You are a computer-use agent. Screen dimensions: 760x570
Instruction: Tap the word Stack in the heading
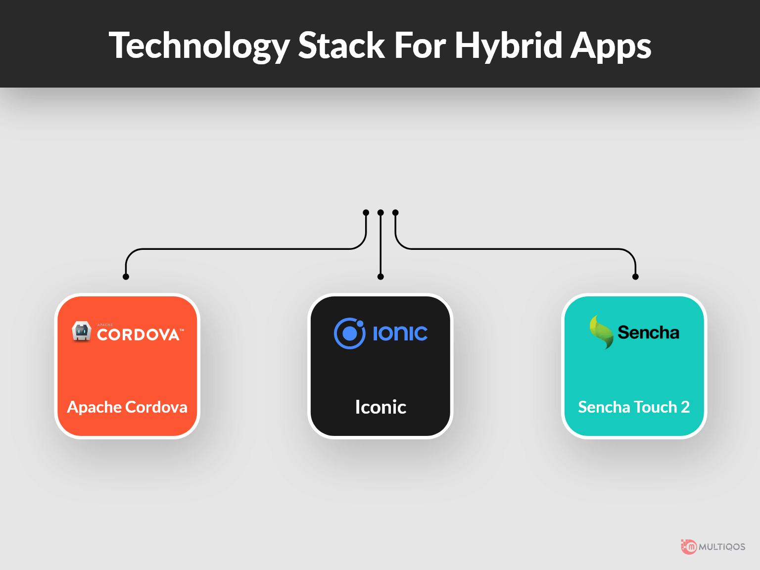[341, 45]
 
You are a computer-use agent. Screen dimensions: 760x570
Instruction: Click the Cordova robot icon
[81, 331]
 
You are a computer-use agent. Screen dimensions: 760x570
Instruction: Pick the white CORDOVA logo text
[140, 334]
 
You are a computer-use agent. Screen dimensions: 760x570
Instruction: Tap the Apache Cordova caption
[127, 407]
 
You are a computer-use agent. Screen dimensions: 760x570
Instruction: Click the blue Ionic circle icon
[349, 333]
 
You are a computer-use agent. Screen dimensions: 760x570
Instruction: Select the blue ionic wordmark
[400, 333]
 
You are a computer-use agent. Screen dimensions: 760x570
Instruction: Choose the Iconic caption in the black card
[380, 407]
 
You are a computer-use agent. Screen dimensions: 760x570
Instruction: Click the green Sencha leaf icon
[602, 332]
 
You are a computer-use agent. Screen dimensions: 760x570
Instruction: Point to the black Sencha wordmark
[649, 332]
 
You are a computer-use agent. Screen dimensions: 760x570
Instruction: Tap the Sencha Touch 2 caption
[634, 407]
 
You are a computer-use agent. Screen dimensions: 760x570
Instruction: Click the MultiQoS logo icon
[689, 547]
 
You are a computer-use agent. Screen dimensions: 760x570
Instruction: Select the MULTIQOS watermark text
[722, 547]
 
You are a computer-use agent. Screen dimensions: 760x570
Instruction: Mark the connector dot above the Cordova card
[126, 277]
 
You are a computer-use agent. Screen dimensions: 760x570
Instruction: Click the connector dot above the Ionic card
[380, 277]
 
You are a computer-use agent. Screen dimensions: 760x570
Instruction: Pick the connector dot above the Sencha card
[635, 277]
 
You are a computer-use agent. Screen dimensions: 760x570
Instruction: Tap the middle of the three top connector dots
[380, 212]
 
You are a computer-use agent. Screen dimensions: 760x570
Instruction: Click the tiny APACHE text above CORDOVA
[105, 325]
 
